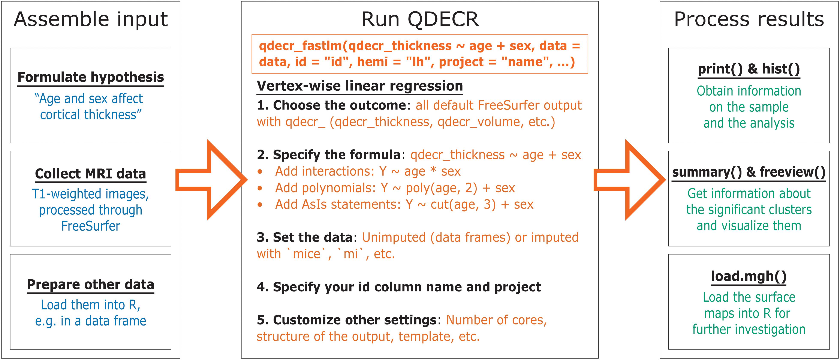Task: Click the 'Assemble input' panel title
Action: [91, 19]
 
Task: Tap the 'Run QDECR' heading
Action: [420, 19]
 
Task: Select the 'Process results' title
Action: [749, 19]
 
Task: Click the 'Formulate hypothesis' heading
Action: [91, 77]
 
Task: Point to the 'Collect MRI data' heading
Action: [91, 174]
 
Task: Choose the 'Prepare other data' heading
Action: [91, 285]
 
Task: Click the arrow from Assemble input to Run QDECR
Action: [211, 180]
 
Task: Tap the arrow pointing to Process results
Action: [629, 180]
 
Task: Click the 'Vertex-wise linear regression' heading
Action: [360, 86]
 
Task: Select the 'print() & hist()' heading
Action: [749, 69]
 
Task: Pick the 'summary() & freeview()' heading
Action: [749, 172]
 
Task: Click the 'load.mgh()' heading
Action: [749, 276]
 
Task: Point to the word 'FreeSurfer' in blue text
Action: [91, 226]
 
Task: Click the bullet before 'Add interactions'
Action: [260, 171]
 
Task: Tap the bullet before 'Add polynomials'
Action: [260, 188]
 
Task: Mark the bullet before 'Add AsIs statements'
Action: [260, 205]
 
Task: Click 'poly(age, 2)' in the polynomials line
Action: [442, 188]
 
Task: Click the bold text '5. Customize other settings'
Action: [347, 320]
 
